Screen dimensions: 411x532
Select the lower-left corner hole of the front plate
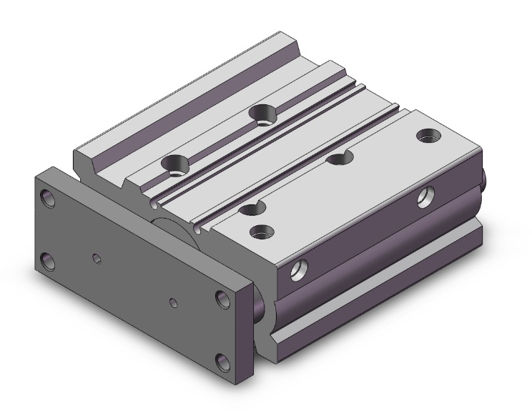click(x=49, y=262)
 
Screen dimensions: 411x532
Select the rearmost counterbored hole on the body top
click(x=262, y=113)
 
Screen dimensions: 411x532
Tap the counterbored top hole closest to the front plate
click(x=174, y=164)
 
